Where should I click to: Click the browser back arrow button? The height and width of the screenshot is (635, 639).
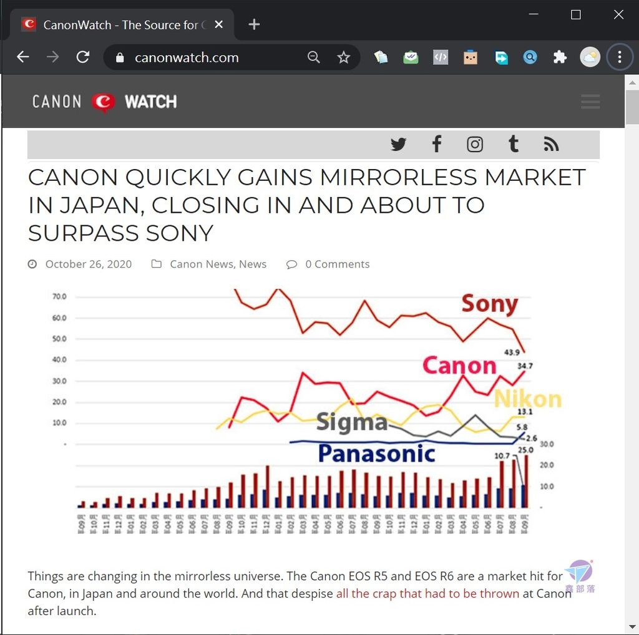click(x=23, y=57)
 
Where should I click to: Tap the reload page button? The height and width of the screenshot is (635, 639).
click(x=82, y=57)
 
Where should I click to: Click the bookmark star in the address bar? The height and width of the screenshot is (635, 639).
click(x=344, y=57)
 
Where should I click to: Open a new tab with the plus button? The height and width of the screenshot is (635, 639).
click(x=254, y=24)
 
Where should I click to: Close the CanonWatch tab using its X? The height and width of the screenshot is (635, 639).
click(x=218, y=24)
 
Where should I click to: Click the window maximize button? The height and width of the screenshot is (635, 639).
click(x=576, y=14)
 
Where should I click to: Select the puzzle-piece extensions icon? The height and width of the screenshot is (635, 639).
click(x=560, y=57)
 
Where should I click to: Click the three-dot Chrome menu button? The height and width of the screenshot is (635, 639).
click(x=620, y=57)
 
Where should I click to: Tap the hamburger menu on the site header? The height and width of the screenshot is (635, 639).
click(x=590, y=101)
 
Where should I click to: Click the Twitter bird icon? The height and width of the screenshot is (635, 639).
click(x=398, y=145)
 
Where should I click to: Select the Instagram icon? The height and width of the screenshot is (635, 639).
click(x=475, y=145)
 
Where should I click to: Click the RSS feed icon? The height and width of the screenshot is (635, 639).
click(x=551, y=145)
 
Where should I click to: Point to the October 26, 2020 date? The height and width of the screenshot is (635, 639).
click(x=88, y=264)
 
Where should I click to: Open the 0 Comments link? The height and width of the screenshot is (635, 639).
click(x=337, y=264)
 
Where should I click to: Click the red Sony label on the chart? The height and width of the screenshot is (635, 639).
click(x=490, y=304)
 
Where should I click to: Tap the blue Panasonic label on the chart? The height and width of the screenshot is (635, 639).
click(x=376, y=453)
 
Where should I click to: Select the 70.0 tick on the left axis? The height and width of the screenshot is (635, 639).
click(x=59, y=296)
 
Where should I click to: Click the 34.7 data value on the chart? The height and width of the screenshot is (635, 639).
click(x=525, y=366)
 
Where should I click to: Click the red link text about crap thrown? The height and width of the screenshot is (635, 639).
click(x=427, y=593)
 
